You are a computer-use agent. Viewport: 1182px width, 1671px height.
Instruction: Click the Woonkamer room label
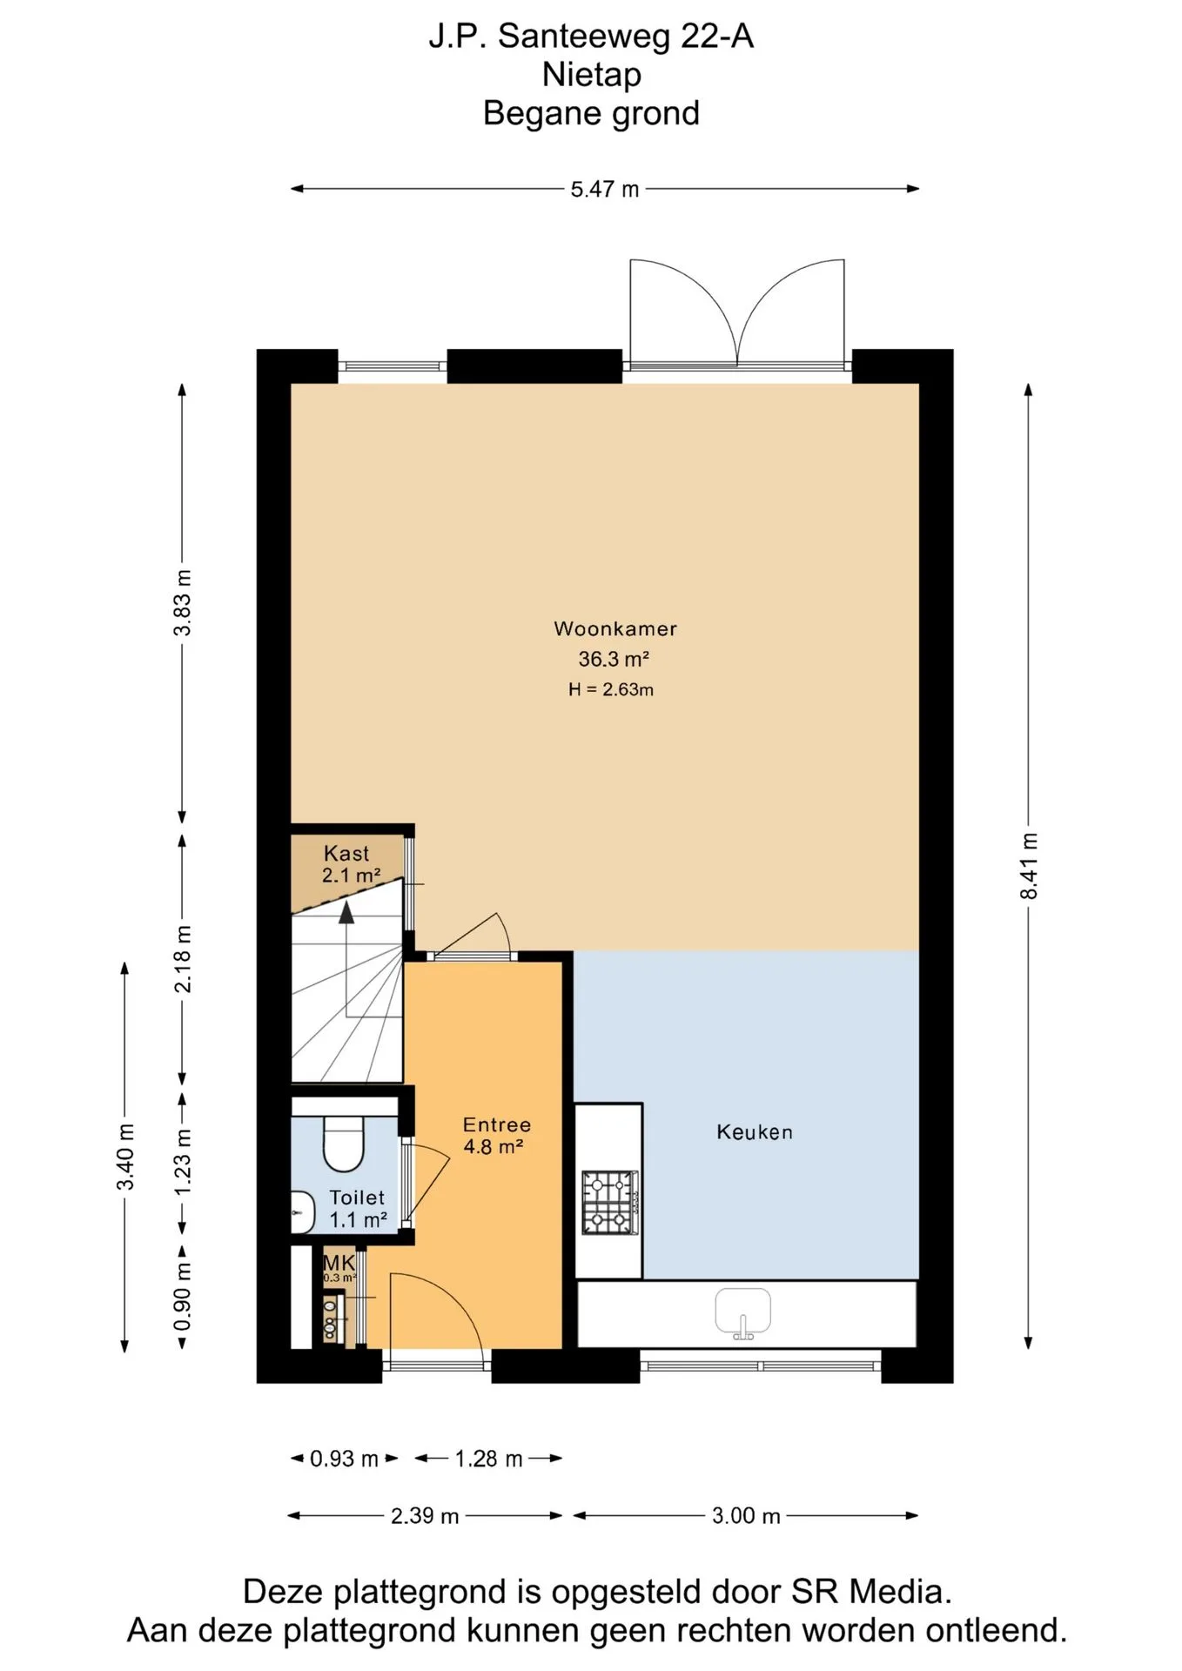pyautogui.click(x=615, y=628)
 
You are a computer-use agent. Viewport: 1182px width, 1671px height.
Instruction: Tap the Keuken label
pyautogui.click(x=755, y=1132)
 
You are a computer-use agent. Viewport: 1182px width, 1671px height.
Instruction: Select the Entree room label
pyautogui.click(x=497, y=1124)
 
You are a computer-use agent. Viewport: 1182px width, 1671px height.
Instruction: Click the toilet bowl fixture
pyautogui.click(x=344, y=1142)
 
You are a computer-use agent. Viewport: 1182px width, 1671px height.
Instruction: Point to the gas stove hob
pyautogui.click(x=610, y=1203)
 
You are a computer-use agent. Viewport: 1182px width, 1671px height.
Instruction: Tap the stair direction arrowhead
pyautogui.click(x=346, y=912)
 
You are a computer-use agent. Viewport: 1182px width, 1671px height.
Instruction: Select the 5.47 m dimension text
pyautogui.click(x=605, y=189)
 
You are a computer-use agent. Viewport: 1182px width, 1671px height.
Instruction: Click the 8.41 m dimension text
pyautogui.click(x=1029, y=866)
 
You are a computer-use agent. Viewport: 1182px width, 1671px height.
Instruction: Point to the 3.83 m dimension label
pyautogui.click(x=183, y=603)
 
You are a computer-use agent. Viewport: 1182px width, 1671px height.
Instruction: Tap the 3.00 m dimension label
pyautogui.click(x=746, y=1516)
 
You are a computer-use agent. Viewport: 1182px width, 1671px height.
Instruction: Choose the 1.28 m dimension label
pyautogui.click(x=488, y=1459)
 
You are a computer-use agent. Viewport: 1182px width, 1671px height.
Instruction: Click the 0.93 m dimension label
pyautogui.click(x=344, y=1459)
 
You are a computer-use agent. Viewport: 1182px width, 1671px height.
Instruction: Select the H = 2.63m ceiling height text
pyautogui.click(x=611, y=690)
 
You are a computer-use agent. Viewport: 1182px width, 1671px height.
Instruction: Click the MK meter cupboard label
pyautogui.click(x=339, y=1262)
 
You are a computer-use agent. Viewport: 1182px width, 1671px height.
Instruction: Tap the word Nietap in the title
pyautogui.click(x=592, y=75)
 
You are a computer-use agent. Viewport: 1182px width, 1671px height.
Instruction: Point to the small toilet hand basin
pyautogui.click(x=302, y=1212)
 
